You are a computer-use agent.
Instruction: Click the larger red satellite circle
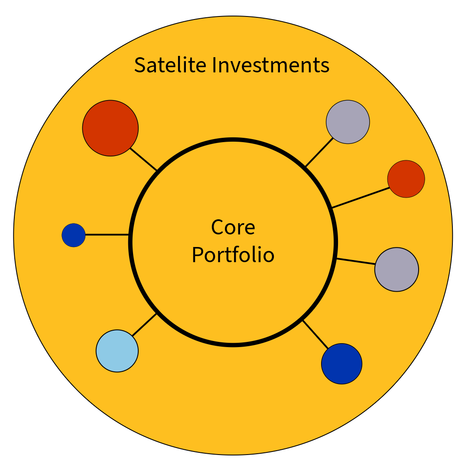pos(110,128)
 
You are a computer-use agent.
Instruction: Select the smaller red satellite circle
pos(406,179)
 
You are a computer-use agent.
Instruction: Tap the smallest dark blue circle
pos(74,235)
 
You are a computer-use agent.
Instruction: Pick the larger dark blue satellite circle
pos(341,364)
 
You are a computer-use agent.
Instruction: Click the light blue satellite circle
pos(117,351)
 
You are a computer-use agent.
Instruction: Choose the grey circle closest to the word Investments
pos(348,122)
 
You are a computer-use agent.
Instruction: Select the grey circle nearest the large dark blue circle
pos(396,270)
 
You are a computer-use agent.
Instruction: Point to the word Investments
pos(271,65)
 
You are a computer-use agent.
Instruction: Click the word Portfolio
pos(233,255)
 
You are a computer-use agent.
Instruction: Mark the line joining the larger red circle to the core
pos(143,159)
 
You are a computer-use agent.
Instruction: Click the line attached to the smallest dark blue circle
pos(107,235)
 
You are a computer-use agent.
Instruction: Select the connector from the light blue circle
pos(144,325)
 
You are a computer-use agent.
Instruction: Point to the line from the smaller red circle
pos(361,198)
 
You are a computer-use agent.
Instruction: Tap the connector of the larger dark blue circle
pos(315,334)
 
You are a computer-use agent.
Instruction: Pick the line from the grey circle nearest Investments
pos(320,152)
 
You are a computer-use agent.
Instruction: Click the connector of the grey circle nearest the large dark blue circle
pos(356,261)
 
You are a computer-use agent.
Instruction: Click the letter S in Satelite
pos(139,65)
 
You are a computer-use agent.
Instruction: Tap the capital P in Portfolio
pos(197,255)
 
